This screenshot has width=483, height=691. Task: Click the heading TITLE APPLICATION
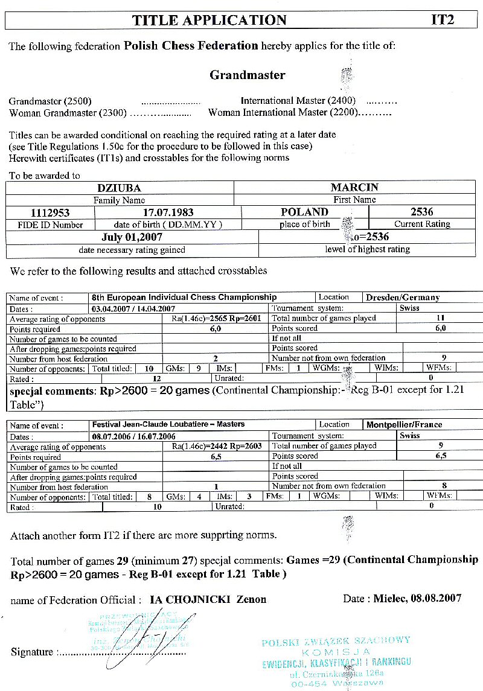point(210,20)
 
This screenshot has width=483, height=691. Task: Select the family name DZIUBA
point(119,188)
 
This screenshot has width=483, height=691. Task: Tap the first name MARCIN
point(354,188)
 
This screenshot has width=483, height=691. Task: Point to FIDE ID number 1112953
point(50,212)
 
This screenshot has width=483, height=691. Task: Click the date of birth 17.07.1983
point(168,212)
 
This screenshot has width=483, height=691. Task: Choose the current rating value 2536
point(421,212)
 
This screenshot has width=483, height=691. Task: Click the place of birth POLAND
point(304,212)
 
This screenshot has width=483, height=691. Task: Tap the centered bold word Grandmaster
point(247,75)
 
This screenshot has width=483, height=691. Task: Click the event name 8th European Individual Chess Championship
point(184,298)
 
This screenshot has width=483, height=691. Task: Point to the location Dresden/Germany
point(403,298)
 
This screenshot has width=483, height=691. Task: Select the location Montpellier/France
point(404,425)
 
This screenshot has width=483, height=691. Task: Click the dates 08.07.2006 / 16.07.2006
point(133,436)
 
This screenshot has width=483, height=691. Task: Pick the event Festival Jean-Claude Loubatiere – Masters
point(168,425)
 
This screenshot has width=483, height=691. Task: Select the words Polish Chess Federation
point(191,46)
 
